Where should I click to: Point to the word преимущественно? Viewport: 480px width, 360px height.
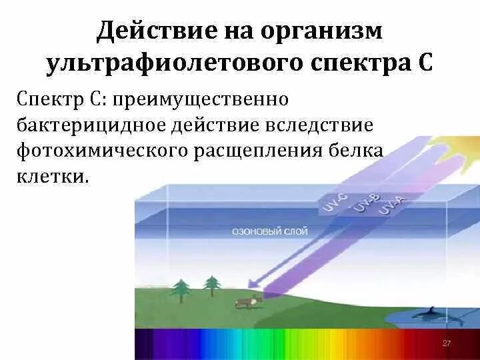click(200, 100)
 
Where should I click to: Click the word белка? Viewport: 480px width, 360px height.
click(360, 151)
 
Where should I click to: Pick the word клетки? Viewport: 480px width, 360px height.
click(51, 177)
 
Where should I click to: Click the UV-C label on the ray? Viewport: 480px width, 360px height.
click(331, 202)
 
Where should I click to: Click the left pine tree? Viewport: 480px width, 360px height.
click(181, 288)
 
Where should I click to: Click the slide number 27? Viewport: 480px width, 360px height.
click(447, 343)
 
